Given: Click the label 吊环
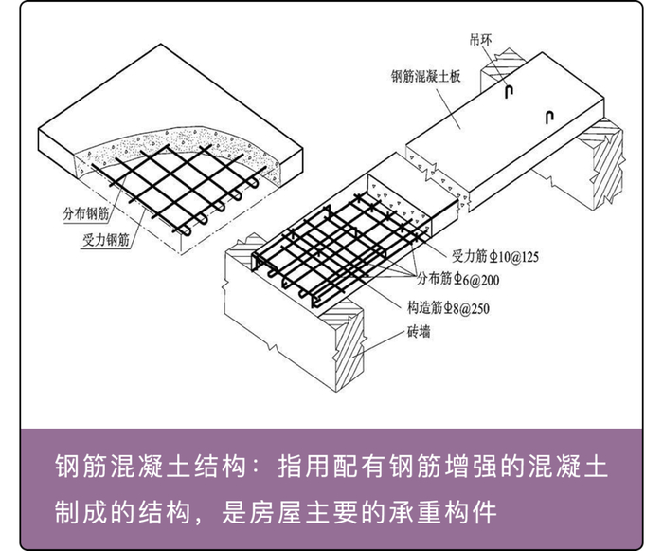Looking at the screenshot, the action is pyautogui.click(x=481, y=40).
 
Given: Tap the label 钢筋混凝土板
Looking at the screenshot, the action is pyautogui.click(x=426, y=77).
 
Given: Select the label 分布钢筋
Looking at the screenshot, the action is pyautogui.click(x=86, y=214).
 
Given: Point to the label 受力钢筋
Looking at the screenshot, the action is pyautogui.click(x=106, y=240).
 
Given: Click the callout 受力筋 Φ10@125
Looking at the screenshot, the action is pyautogui.click(x=495, y=257).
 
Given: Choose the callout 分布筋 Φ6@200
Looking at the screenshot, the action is pyautogui.click(x=458, y=279).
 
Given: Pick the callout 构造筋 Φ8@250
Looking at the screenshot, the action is pyautogui.click(x=448, y=308).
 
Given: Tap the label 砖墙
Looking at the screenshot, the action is pyautogui.click(x=419, y=332).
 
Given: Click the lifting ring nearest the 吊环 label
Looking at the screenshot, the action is pyautogui.click(x=510, y=91).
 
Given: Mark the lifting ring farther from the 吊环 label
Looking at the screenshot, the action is pyautogui.click(x=548, y=118).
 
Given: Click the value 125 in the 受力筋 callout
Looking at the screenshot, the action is pyautogui.click(x=529, y=257).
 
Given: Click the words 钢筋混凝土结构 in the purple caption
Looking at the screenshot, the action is pyautogui.click(x=151, y=467).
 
